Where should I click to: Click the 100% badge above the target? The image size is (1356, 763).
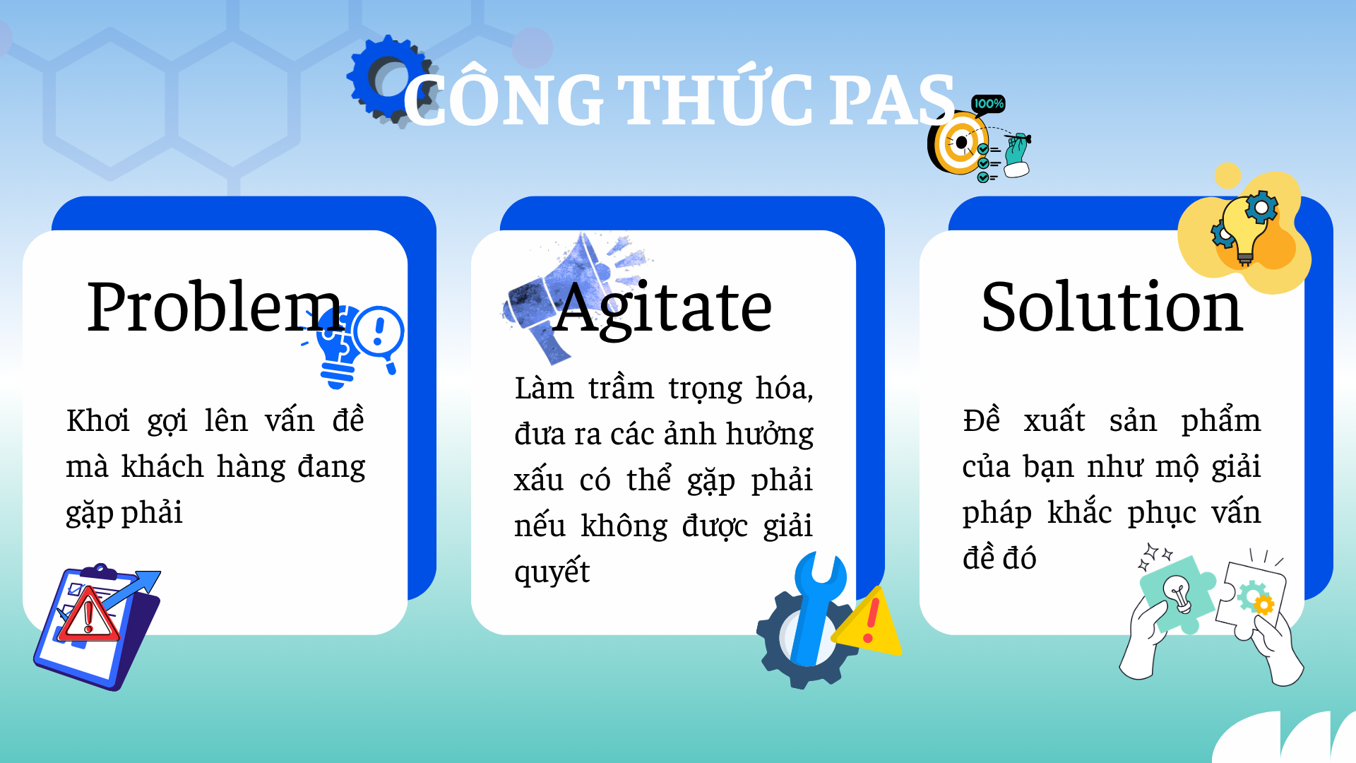[988, 104]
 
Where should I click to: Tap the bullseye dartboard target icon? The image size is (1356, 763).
[958, 143]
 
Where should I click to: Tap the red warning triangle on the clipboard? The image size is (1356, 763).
[88, 614]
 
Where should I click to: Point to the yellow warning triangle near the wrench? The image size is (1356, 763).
[871, 622]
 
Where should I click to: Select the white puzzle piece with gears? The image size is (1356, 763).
[1254, 598]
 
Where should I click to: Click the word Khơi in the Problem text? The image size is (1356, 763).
[98, 420]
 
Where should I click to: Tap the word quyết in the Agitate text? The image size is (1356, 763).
[552, 572]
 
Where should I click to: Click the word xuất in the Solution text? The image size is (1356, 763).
[1054, 420]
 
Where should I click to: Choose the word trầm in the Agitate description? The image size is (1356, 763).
[621, 388]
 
